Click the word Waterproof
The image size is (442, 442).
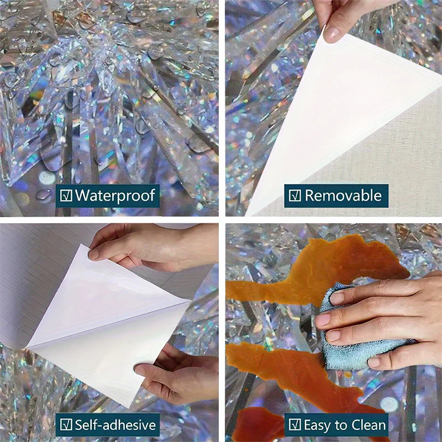(x=115, y=196)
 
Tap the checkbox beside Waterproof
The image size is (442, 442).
(x=66, y=195)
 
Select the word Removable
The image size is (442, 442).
(x=343, y=196)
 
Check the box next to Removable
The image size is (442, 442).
(x=295, y=196)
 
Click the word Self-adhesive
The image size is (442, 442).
(x=115, y=425)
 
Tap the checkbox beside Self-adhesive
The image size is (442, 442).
(x=66, y=424)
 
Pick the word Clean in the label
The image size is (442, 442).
(x=366, y=425)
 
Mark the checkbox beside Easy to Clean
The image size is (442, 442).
(x=295, y=424)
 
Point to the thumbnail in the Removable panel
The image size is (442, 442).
(x=331, y=33)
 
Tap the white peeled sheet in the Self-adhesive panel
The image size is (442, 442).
(x=107, y=324)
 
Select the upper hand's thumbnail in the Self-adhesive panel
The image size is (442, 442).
(x=93, y=255)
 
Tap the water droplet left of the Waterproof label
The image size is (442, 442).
(x=44, y=194)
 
